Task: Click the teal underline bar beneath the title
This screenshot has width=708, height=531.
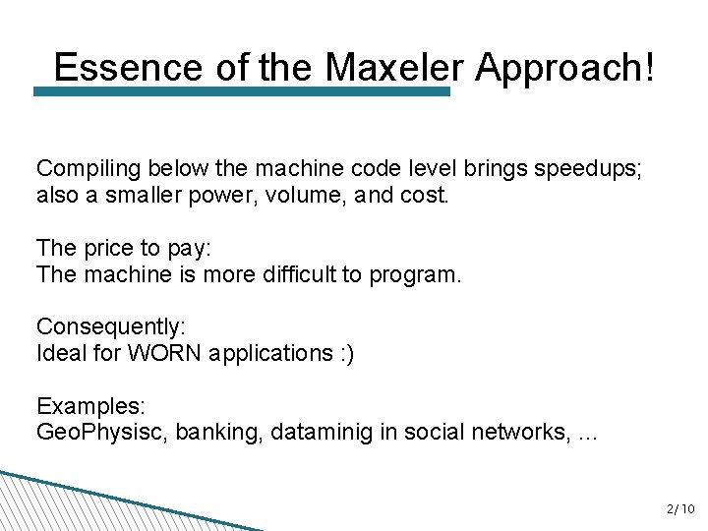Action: tap(241, 91)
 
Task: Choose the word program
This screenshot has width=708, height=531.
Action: tap(414, 274)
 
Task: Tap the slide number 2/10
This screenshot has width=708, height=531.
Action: tap(679, 509)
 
